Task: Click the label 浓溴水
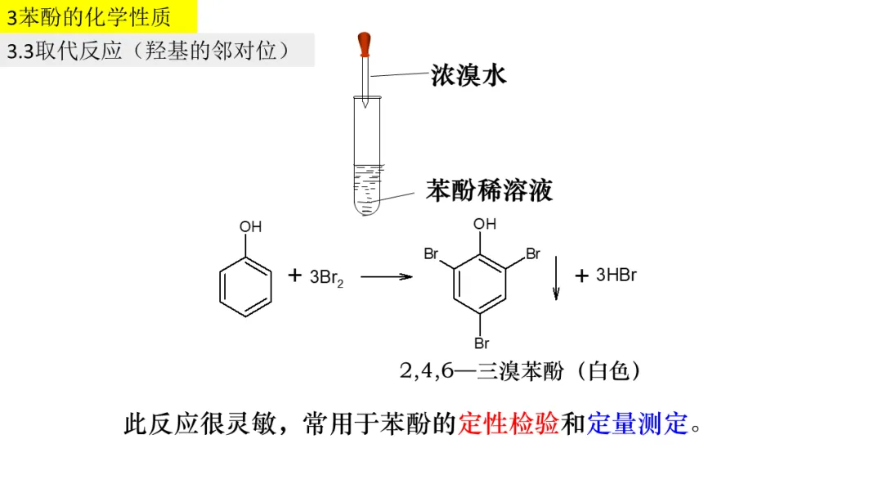pyautogui.click(x=468, y=75)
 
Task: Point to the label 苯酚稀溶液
pyautogui.click(x=489, y=190)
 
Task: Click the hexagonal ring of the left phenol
pyautogui.click(x=246, y=287)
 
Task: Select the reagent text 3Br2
pyautogui.click(x=327, y=278)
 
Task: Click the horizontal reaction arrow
pyautogui.click(x=386, y=277)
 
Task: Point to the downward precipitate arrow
pyautogui.click(x=556, y=278)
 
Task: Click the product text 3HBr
pyautogui.click(x=616, y=275)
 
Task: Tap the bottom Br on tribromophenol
pyautogui.click(x=482, y=343)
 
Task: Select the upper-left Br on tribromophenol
pyautogui.click(x=432, y=254)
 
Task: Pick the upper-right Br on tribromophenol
pyautogui.click(x=533, y=254)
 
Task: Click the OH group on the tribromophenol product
pyautogui.click(x=485, y=224)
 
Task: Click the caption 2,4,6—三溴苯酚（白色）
pyautogui.click(x=521, y=371)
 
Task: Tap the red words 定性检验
pyautogui.click(x=509, y=424)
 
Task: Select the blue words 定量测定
pyautogui.click(x=638, y=424)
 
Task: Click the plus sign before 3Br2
pyautogui.click(x=295, y=276)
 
